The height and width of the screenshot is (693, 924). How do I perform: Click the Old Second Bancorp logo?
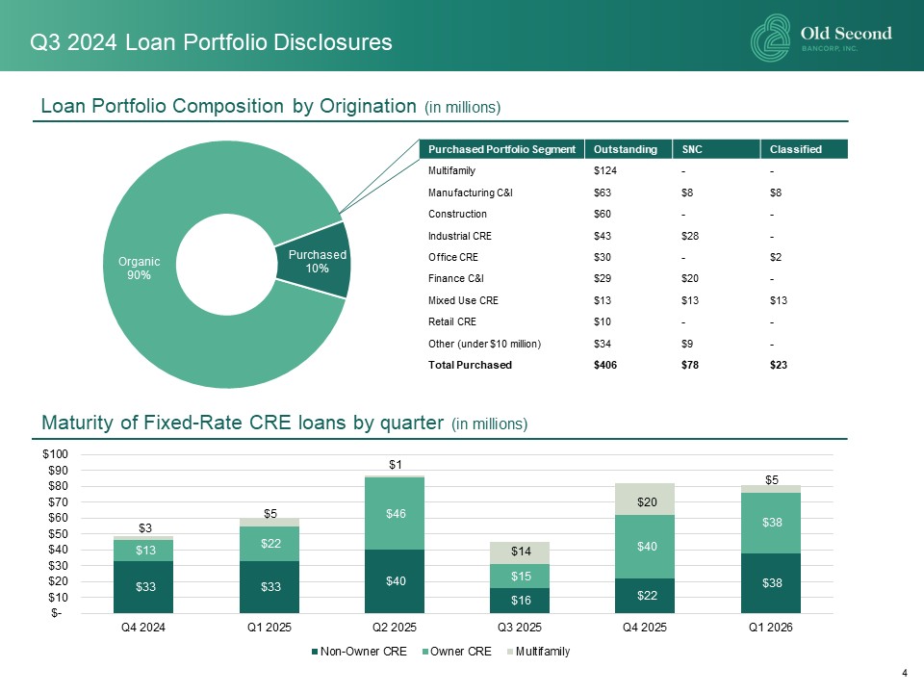click(821, 38)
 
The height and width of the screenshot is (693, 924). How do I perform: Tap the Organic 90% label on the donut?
click(139, 269)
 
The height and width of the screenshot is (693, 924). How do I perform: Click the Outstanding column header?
click(626, 149)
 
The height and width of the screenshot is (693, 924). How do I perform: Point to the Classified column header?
click(796, 149)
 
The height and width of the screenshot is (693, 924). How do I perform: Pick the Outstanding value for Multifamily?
click(605, 171)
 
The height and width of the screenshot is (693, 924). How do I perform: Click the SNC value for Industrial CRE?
click(690, 236)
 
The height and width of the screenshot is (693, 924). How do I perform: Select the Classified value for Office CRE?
click(776, 257)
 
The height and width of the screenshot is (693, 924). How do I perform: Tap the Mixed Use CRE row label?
click(463, 300)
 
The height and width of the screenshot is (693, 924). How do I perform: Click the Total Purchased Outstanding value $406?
click(605, 365)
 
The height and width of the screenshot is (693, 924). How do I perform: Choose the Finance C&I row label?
click(456, 278)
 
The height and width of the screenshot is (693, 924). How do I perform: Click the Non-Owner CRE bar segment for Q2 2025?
click(395, 581)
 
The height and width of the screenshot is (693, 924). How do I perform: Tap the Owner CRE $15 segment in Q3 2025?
click(520, 576)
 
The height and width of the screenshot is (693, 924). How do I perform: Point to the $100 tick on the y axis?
click(56, 453)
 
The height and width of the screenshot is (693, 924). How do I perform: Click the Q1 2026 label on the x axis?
click(770, 627)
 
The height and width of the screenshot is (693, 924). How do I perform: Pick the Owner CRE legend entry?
click(456, 652)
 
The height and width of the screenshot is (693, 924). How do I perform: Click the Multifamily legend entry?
click(538, 652)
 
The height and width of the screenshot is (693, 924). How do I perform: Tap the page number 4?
click(905, 673)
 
